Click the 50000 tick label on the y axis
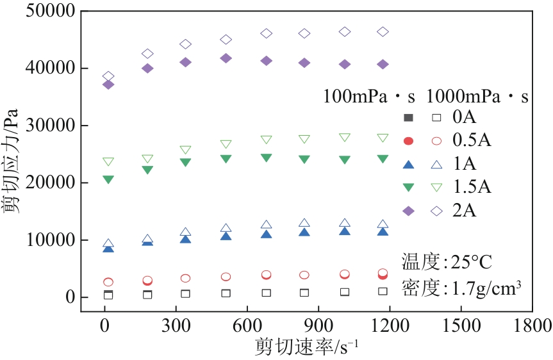[50, 11]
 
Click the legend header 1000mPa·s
[477, 97]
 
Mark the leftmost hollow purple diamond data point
[108, 76]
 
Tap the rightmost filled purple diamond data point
[383, 64]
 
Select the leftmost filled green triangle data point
[108, 179]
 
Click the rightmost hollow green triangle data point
[383, 137]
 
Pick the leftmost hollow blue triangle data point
[108, 244]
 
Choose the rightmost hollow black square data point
[383, 291]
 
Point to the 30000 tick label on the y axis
[50, 126]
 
